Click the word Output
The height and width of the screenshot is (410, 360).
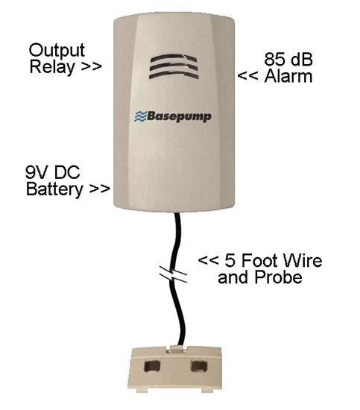(57, 51)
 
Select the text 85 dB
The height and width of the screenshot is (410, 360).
(288, 60)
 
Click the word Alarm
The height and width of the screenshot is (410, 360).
(288, 76)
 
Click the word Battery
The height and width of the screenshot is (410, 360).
(54, 189)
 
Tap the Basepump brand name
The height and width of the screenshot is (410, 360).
(179, 116)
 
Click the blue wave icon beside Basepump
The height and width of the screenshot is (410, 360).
(140, 116)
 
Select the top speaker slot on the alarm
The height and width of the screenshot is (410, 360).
(174, 58)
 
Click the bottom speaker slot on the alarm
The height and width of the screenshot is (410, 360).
(174, 75)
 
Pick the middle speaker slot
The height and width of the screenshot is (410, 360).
(174, 66)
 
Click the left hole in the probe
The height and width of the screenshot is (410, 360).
(151, 366)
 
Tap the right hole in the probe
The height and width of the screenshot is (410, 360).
(199, 366)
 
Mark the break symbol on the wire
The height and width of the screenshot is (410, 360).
(174, 274)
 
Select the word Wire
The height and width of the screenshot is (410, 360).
(303, 260)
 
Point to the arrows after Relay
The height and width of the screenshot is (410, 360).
(91, 66)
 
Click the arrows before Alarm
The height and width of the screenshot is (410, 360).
(247, 76)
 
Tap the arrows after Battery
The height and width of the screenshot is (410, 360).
(99, 189)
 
